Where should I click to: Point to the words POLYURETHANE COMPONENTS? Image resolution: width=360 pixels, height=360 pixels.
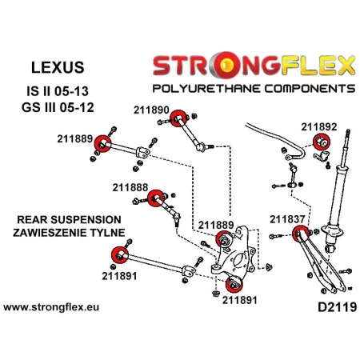pos(246,84)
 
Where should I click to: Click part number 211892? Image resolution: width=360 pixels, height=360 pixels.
pos(318,126)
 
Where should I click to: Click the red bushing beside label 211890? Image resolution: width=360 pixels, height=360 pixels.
pos(180,114)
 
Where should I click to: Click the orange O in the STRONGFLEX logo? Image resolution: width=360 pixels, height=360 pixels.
pos(210,62)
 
